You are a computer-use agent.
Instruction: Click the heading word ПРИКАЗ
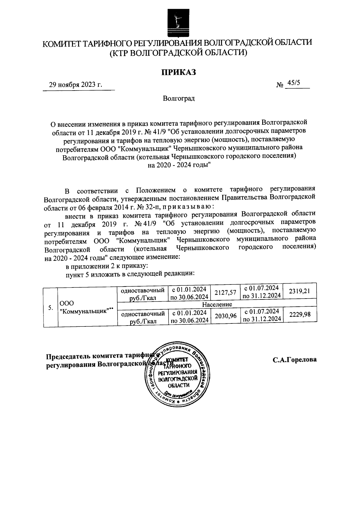point(179,72)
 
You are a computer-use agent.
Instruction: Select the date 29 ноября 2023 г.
point(76,85)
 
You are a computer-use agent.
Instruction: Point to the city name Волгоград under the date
point(179,99)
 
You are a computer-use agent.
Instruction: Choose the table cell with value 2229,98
point(299,314)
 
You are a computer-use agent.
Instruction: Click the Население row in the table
point(217,304)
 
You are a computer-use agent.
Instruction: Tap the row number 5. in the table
point(51,308)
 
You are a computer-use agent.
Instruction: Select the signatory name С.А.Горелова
point(295,360)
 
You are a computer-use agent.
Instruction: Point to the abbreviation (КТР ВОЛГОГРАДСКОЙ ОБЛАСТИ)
point(178,53)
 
